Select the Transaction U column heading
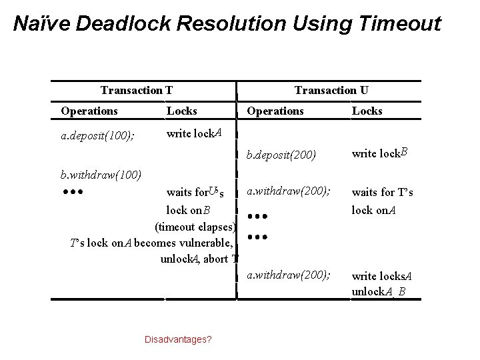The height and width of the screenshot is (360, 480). click(x=331, y=90)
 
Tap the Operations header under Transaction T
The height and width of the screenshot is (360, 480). click(x=89, y=111)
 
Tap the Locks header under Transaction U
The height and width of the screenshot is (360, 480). click(x=367, y=111)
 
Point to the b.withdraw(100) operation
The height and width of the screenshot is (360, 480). click(x=101, y=176)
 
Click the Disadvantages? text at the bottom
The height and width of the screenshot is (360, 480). click(x=178, y=339)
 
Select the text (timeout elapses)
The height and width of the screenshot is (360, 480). click(x=195, y=226)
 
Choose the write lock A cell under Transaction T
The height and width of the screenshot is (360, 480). click(x=194, y=133)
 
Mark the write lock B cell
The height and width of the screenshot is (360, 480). click(x=379, y=155)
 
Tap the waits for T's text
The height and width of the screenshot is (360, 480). click(x=383, y=193)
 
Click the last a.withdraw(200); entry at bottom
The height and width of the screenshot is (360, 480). click(x=288, y=275)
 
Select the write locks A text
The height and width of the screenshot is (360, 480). click(x=382, y=276)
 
